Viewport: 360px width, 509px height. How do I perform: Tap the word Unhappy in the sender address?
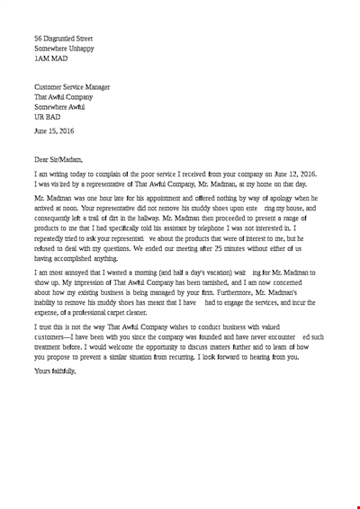point(90,49)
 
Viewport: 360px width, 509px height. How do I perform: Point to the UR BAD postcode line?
point(48,117)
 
